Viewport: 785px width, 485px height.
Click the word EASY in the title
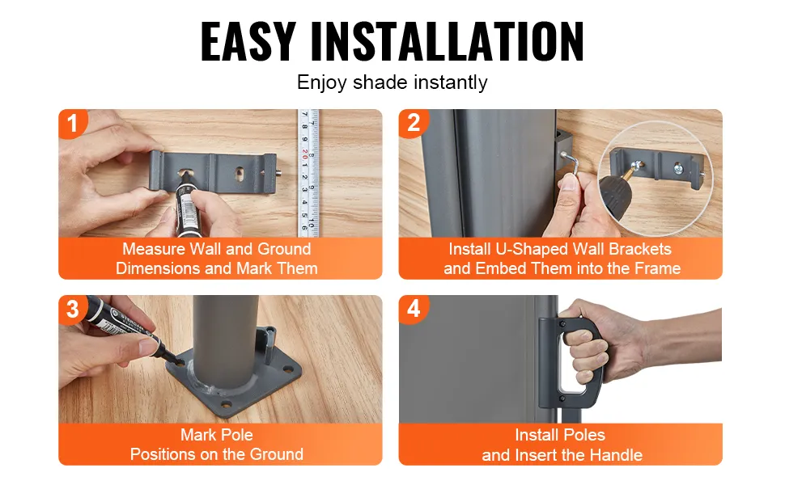(248, 41)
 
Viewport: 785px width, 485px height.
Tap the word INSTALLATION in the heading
(447, 41)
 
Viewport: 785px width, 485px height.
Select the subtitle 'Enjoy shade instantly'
(392, 82)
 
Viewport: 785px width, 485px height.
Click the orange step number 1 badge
(73, 123)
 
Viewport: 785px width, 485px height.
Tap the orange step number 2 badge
(413, 123)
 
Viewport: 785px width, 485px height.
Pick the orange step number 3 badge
(73, 309)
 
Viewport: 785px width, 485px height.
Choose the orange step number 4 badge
(413, 309)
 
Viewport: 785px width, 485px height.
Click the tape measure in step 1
(308, 173)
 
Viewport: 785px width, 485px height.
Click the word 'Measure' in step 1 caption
(153, 249)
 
